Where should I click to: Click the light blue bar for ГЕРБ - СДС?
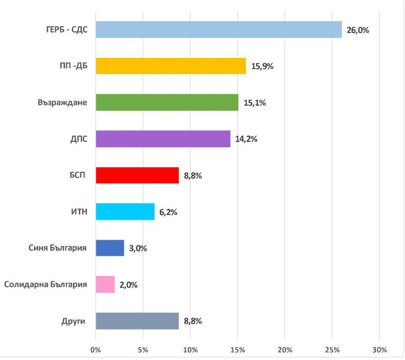click(219, 29)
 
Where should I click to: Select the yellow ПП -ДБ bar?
click(171, 66)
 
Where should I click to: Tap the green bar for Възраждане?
click(167, 102)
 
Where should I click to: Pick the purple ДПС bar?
click(163, 139)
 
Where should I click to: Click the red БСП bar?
click(137, 175)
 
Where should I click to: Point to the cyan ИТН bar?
click(125, 212)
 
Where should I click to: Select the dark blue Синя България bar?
click(110, 248)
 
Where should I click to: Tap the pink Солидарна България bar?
click(105, 284)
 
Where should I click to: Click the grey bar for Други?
click(137, 321)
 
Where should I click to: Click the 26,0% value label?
click(358, 30)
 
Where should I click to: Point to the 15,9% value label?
click(262, 67)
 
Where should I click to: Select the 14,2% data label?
click(246, 139)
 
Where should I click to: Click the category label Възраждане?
click(62, 102)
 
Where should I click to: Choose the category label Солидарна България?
click(45, 284)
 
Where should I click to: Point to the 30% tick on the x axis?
click(379, 349)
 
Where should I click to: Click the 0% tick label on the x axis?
click(96, 349)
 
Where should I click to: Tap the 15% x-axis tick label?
click(237, 349)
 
